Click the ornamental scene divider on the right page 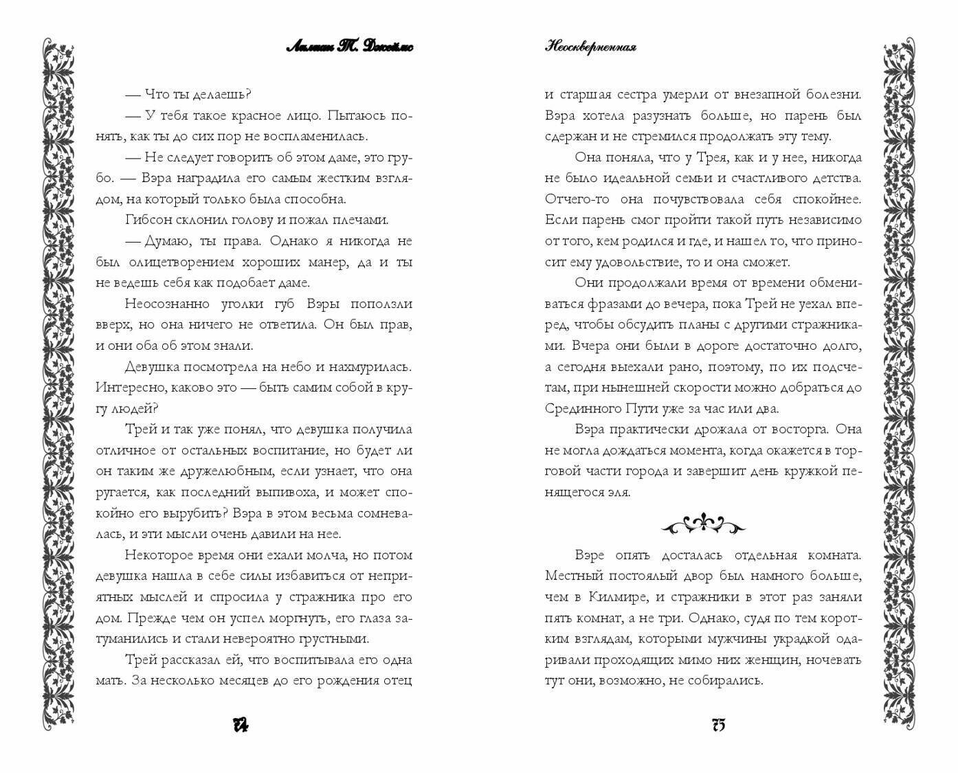(x=703, y=525)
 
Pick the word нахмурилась (x=372, y=366)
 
